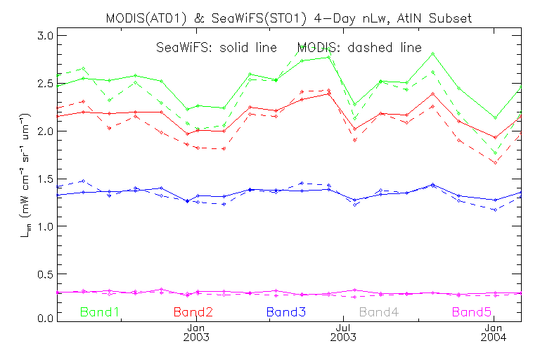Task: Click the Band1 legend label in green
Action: (99, 311)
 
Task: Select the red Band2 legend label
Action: (193, 311)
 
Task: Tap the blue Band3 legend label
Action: (285, 311)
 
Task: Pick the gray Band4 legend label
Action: (380, 311)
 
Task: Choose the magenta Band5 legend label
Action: (472, 311)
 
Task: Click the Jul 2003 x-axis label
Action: (343, 333)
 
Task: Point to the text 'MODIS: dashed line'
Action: (359, 48)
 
